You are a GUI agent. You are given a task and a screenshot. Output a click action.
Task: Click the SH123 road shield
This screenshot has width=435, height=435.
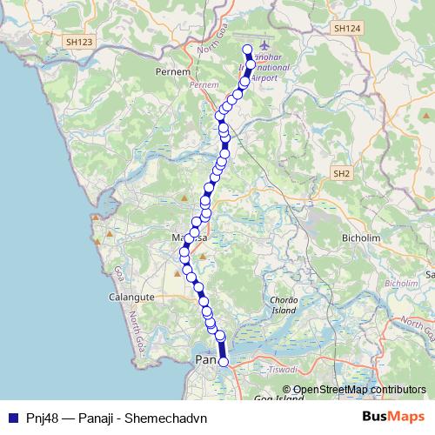point(80,41)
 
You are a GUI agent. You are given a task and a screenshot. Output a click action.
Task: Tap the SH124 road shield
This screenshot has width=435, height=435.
point(345,29)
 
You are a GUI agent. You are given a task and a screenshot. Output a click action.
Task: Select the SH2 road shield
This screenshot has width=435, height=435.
point(341,174)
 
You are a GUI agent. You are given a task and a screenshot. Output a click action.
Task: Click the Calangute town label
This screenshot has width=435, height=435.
point(130,297)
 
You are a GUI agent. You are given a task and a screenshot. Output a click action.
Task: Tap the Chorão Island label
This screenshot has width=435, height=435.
point(284,304)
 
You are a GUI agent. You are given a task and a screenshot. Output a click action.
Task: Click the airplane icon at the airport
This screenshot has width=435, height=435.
point(264,48)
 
